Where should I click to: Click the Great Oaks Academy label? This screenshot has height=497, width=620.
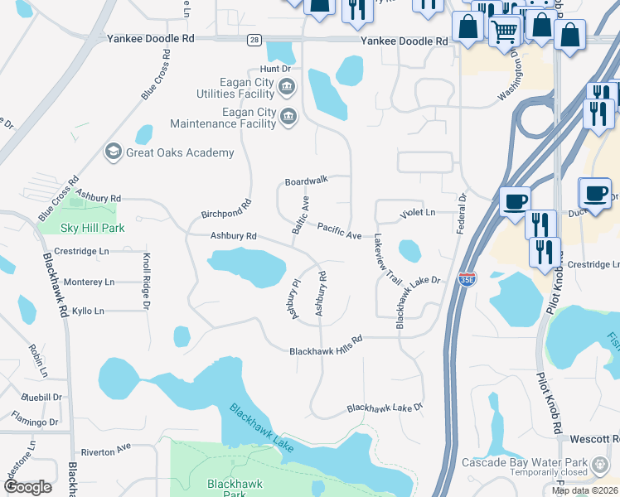click(x=180, y=152)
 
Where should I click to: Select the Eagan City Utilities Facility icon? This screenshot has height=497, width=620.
click(x=287, y=85)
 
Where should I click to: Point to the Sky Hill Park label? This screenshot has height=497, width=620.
click(x=92, y=227)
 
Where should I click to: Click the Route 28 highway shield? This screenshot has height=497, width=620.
click(x=254, y=40)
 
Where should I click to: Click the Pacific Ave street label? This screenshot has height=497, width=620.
click(x=340, y=231)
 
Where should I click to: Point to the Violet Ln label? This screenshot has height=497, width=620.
click(x=418, y=213)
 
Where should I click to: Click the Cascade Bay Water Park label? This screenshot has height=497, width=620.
click(x=525, y=462)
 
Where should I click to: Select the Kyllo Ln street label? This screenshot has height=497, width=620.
click(x=88, y=311)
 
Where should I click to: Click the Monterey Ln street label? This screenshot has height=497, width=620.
click(x=89, y=282)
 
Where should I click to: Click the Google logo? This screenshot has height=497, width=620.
click(x=27, y=487)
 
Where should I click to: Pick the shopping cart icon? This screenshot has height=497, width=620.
click(x=505, y=32)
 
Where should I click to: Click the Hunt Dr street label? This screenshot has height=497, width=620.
click(x=276, y=70)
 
